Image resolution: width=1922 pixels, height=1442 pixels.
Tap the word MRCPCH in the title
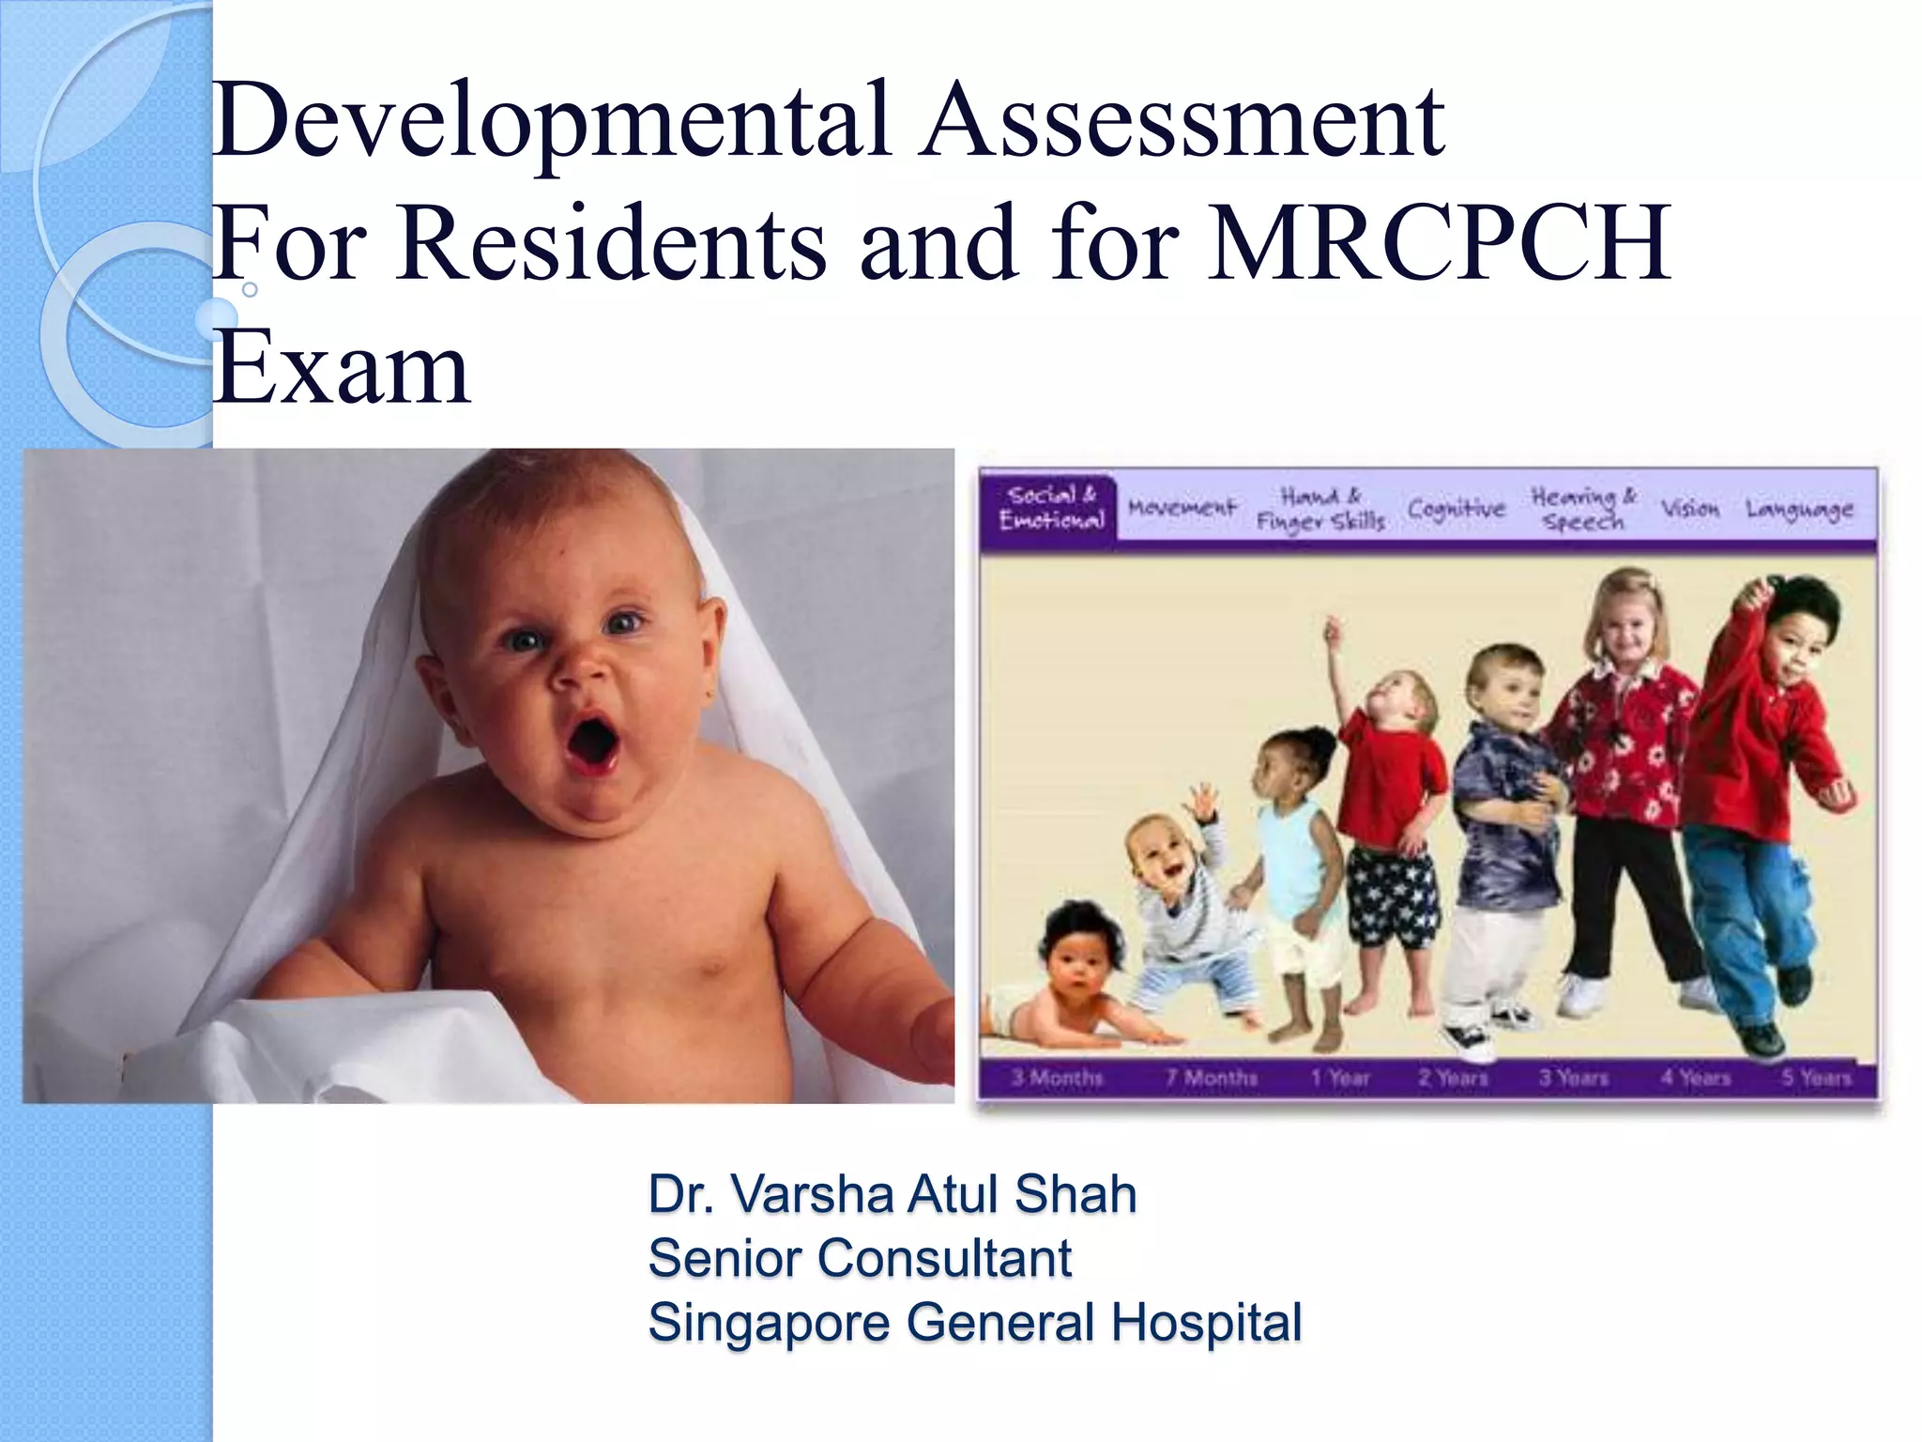pos(1440,244)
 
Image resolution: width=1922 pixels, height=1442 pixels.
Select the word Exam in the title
pos(340,370)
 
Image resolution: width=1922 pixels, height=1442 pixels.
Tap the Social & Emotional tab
pos(1049,508)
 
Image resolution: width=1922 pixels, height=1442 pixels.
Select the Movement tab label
pos(1182,508)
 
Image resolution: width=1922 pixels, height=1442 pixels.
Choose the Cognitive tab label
pos(1456,508)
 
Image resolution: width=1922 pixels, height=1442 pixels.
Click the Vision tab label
pos(1690,508)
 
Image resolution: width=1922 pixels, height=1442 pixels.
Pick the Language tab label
pos(1799,508)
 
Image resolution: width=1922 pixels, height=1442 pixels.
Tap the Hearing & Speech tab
pos(1583,508)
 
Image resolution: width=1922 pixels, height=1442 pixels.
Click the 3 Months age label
pos(1057,1077)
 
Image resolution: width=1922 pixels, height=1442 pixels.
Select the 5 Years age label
pos(1817,1077)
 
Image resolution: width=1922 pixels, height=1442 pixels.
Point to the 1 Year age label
pos(1341,1077)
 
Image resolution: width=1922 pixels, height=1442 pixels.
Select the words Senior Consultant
pos(860,1259)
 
